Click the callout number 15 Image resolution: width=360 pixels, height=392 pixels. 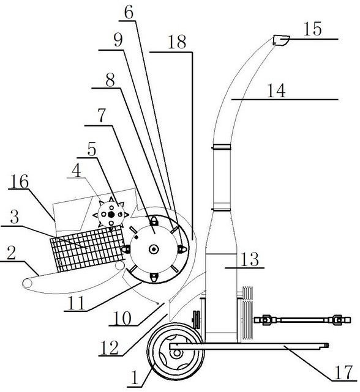(x=312, y=29)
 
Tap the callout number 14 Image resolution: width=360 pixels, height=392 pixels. (x=276, y=91)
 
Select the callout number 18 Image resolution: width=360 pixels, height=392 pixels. (x=178, y=42)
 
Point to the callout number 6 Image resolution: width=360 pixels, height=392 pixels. (x=129, y=13)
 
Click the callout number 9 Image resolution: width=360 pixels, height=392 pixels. (x=118, y=40)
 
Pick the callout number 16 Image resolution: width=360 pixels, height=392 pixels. (x=20, y=182)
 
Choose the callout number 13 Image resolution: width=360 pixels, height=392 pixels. (x=249, y=259)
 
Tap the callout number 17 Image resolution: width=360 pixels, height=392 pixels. (x=343, y=372)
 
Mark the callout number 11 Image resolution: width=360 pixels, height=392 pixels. (x=77, y=303)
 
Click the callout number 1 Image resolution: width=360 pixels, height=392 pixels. (x=135, y=378)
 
